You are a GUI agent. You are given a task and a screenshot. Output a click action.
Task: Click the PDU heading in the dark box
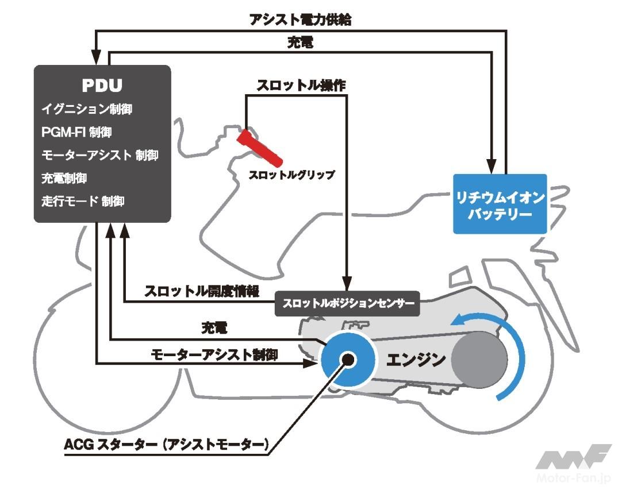tap(102, 86)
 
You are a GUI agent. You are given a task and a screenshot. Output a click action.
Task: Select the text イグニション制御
tap(91, 109)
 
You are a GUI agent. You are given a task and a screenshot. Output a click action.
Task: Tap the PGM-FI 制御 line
tap(76, 132)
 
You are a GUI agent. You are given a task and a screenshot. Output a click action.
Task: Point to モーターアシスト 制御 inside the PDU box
tap(99, 155)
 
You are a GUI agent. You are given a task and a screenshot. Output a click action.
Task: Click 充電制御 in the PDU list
tap(64, 178)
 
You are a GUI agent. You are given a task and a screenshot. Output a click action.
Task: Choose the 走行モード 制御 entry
tap(83, 202)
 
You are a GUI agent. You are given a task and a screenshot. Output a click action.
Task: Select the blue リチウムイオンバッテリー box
tap(500, 205)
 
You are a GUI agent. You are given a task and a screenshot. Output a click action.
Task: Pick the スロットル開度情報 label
tap(201, 291)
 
